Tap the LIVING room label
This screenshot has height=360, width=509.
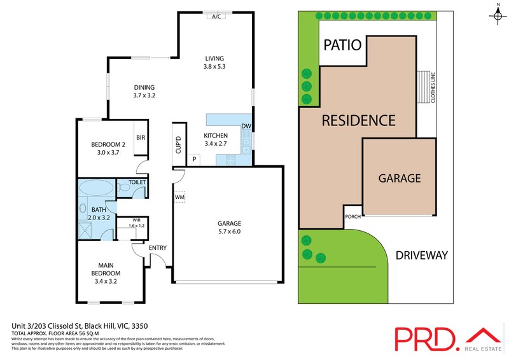(215, 56)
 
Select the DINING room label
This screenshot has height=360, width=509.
(144, 88)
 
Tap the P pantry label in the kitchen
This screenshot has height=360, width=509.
(195, 159)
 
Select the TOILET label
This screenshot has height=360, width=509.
(137, 183)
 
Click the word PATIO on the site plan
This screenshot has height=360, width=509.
(343, 45)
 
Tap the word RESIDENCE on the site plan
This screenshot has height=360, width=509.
(358, 120)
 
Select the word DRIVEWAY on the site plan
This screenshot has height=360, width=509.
(422, 256)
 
